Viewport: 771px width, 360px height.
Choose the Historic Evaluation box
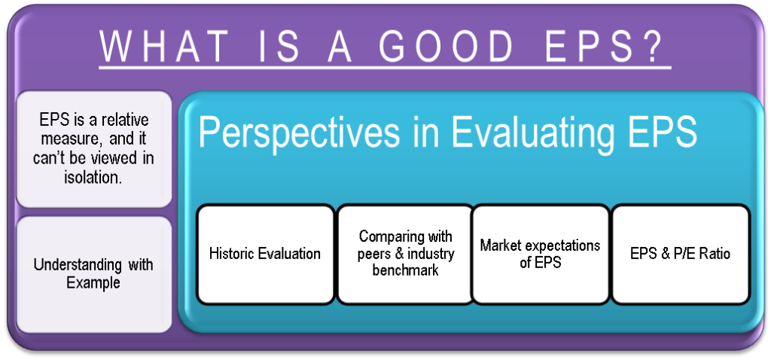(x=265, y=254)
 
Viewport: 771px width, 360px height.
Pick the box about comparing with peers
(x=405, y=253)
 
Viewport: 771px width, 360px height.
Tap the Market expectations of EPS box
(x=540, y=254)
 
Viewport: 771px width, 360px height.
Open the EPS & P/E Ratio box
(x=680, y=254)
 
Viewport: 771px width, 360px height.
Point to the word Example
(x=93, y=282)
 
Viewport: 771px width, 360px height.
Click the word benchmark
(x=405, y=270)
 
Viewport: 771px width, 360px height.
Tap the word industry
(x=429, y=254)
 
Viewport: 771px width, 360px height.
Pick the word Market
(x=502, y=246)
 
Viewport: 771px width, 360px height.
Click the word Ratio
(x=713, y=254)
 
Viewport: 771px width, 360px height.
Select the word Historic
(x=233, y=254)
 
